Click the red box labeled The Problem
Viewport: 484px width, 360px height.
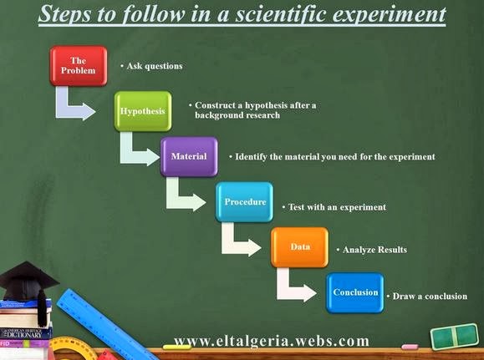79,66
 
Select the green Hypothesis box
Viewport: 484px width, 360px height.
142,110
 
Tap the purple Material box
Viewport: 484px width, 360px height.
189,156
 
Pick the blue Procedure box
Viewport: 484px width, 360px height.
244,201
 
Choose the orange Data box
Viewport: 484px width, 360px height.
299,247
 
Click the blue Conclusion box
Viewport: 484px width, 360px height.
355,292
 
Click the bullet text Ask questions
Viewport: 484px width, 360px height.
154,65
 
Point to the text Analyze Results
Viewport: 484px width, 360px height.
373,249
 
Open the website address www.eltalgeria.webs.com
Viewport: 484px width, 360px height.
271,341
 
